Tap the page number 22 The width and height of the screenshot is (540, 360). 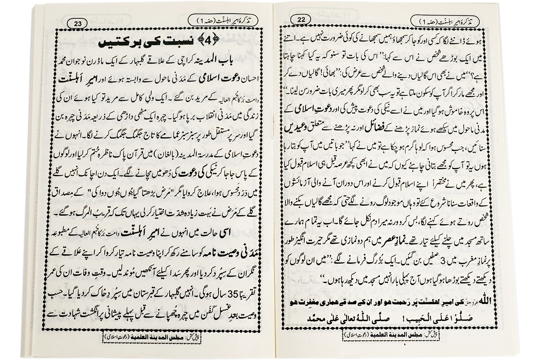tap(301, 20)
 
